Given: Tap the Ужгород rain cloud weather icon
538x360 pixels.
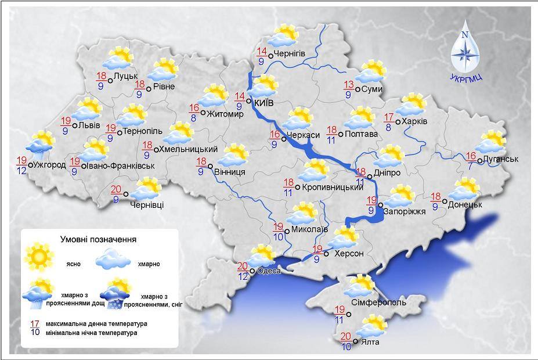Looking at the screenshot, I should (x=41, y=145).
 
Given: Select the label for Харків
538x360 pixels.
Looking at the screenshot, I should (x=415, y=121).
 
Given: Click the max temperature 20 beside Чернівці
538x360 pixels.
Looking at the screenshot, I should (x=115, y=189).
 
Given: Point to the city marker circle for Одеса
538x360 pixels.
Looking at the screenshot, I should (x=253, y=271).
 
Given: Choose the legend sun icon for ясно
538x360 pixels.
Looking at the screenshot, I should (x=39, y=255).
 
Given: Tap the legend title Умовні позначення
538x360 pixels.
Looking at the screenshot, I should (x=99, y=239).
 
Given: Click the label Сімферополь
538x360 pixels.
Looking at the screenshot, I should (x=379, y=303).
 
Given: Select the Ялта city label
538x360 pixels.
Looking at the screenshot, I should (x=370, y=342).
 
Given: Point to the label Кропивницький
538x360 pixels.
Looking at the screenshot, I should (x=333, y=188).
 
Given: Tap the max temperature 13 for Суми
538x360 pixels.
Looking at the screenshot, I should (x=348, y=84).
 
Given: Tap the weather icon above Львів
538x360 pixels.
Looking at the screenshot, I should (x=88, y=110).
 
